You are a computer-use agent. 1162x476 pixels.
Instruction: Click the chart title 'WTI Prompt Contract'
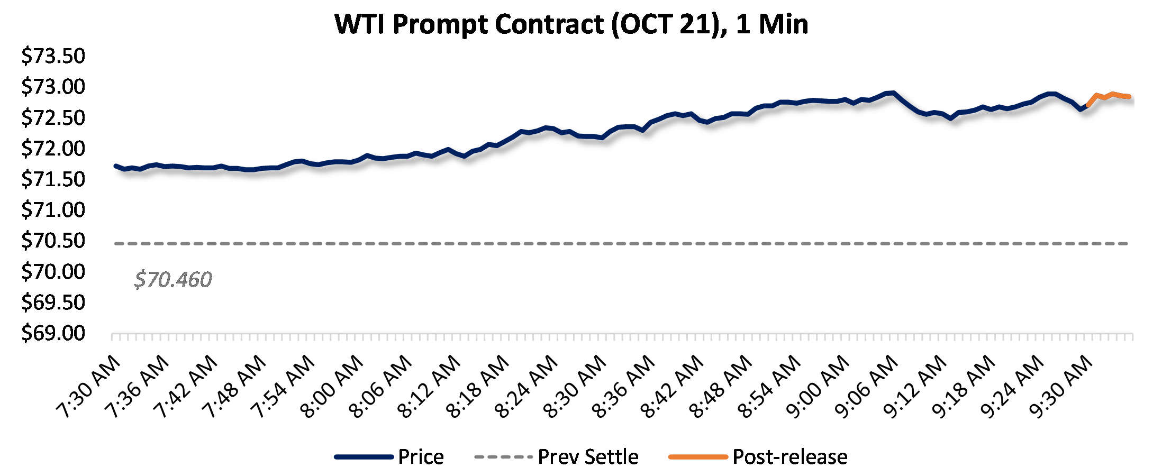pos(571,24)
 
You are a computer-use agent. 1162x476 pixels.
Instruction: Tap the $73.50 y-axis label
pos(53,56)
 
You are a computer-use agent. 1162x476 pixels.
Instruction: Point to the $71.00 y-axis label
pos(53,210)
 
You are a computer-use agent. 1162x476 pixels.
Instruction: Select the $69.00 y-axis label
pos(53,333)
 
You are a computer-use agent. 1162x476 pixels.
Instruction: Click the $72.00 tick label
pos(53,149)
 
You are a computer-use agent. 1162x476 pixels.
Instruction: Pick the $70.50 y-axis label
pos(53,241)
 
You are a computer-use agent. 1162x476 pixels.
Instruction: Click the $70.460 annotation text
pos(173,279)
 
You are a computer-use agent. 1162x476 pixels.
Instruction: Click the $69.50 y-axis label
pos(53,303)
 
